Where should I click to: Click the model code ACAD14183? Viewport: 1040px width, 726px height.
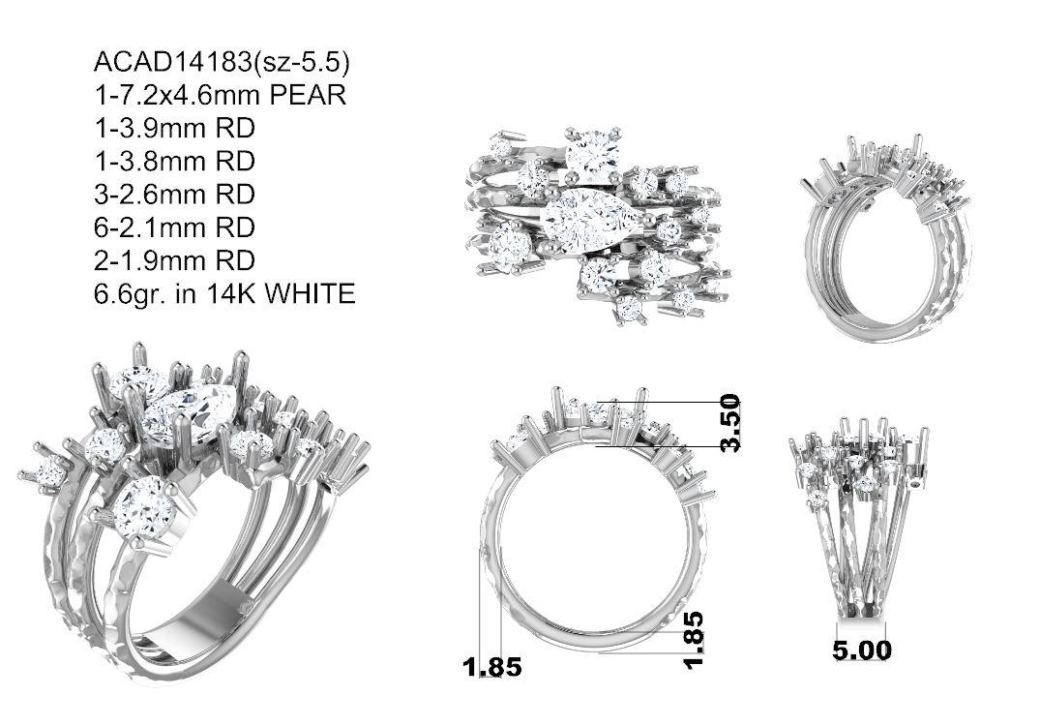174,62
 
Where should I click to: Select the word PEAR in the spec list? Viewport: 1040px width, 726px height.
309,95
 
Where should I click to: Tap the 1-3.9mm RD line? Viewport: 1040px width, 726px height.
175,128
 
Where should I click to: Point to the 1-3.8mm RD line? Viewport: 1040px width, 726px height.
175,162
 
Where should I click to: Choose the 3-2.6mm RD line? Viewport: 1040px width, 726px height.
175,195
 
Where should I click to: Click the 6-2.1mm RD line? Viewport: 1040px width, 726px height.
175,227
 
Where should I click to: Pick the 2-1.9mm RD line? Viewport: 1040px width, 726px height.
175,260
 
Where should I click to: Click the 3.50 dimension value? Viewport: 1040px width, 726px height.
729,423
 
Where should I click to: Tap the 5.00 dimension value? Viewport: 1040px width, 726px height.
862,650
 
